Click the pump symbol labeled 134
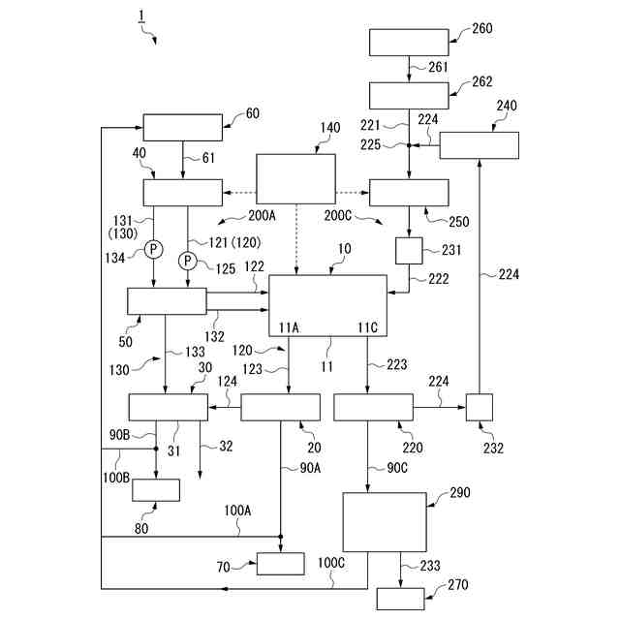153,251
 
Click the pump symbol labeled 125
188,261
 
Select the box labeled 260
409,43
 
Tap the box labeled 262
409,95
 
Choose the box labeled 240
479,145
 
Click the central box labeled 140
295,178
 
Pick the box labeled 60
182,127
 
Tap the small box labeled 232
480,407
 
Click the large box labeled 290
385,523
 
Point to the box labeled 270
400,598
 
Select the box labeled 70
280,563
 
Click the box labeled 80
156,489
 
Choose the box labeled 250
409,192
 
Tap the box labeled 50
167,300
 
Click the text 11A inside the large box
289,326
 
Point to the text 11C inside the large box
367,326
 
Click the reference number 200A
262,215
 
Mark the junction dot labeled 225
410,146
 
